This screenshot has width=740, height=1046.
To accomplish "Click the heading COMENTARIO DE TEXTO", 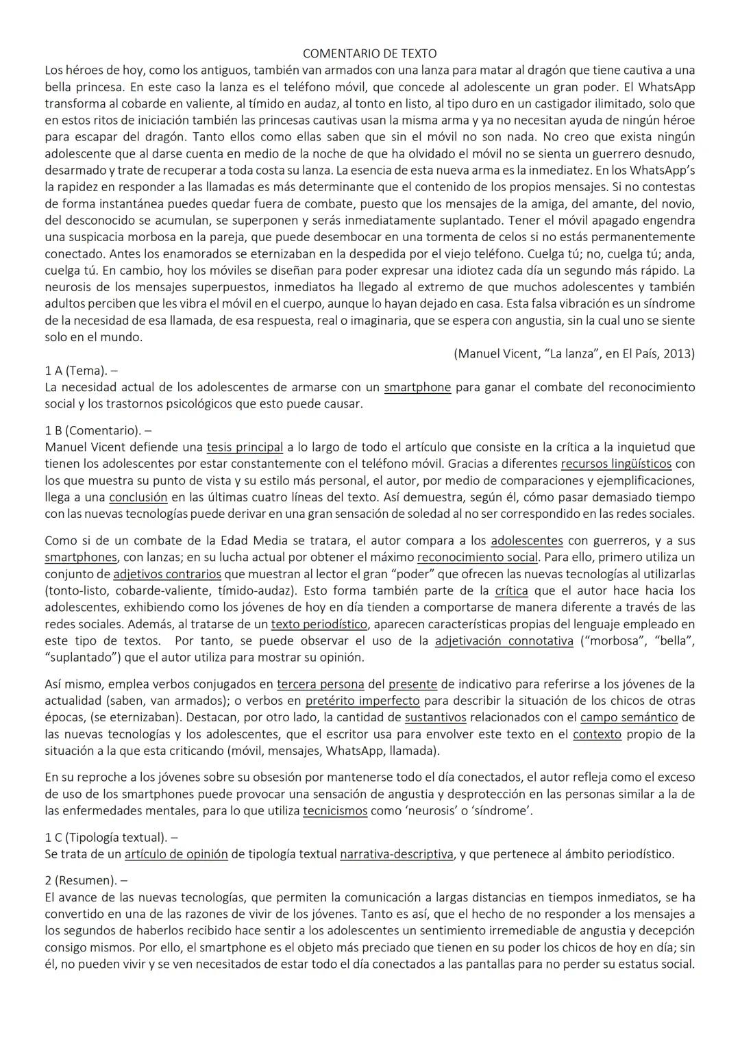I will [369, 53].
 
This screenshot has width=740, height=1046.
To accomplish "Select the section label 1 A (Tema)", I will [76, 371].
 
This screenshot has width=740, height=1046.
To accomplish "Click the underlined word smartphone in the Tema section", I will [417, 387].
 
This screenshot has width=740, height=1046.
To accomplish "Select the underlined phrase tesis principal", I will [245, 447].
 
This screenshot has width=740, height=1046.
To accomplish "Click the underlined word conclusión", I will [138, 497].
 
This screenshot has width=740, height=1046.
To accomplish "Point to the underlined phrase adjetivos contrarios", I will [167, 574].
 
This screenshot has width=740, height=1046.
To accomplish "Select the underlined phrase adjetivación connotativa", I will [504, 641].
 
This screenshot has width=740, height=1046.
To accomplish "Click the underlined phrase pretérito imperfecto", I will [362, 701].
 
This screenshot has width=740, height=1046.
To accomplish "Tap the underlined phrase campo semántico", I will [628, 717].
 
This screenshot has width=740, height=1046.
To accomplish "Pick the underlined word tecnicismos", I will [335, 811].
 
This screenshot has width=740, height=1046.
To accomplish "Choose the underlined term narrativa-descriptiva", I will [397, 854].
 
